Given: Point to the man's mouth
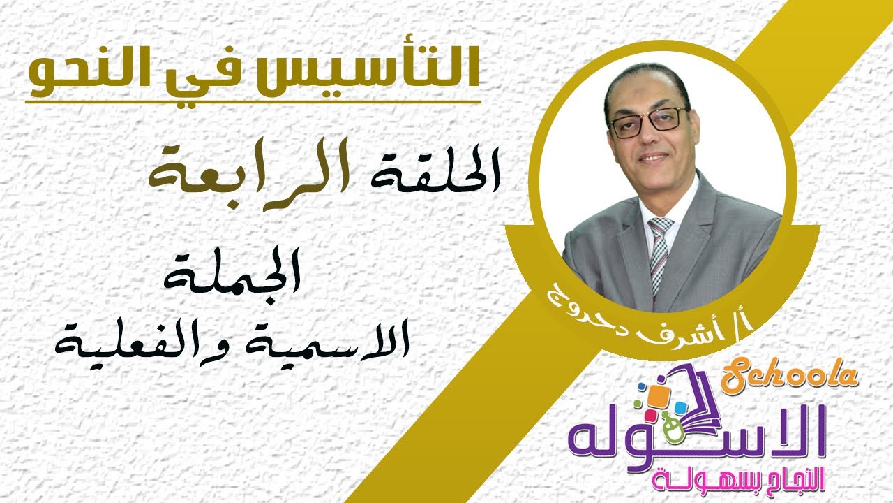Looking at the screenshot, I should (x=654, y=159).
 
